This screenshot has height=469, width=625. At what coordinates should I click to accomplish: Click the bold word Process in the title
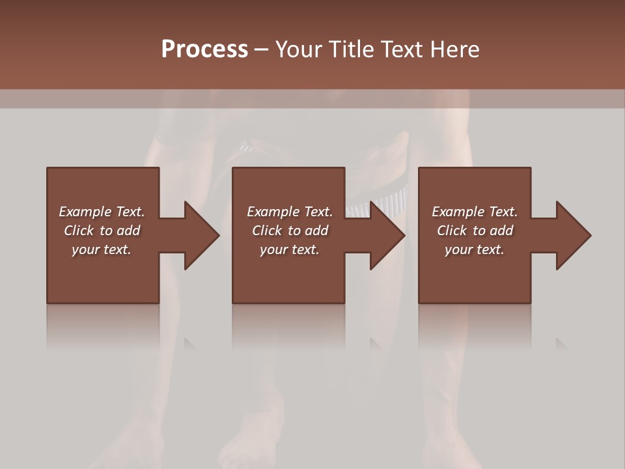pos(204,49)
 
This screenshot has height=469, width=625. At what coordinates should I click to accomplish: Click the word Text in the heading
pos(401,50)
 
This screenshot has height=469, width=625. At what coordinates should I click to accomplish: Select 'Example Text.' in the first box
pos(102,212)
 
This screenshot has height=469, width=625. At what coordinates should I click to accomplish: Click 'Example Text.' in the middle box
pos(290,212)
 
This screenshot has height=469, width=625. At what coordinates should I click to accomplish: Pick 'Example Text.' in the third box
pos(475,212)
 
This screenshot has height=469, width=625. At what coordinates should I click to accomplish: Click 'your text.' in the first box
pos(102,249)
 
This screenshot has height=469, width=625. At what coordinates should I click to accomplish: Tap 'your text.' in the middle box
pos(290,249)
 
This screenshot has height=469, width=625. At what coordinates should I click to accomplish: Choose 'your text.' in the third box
pos(475,249)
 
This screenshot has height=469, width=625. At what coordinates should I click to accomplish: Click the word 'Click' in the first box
pos(79,231)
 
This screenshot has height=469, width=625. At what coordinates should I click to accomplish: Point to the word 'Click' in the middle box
pos(267,231)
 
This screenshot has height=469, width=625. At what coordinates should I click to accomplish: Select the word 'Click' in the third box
pos(452,231)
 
